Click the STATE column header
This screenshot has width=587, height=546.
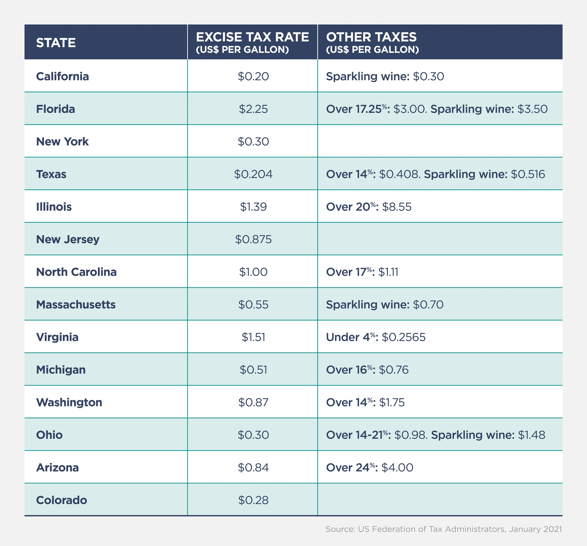pos(56,43)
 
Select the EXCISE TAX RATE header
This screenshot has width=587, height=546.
pos(252,37)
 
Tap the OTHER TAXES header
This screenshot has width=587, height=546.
pos(371,37)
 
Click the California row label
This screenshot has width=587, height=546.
pos(62,76)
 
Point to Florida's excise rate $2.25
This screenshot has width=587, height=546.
pos(253,109)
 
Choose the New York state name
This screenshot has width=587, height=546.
pos(62,141)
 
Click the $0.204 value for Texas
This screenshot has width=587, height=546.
pos(253,174)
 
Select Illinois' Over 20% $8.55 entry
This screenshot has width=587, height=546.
pos(369,207)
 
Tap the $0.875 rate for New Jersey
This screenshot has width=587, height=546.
pos(253,239)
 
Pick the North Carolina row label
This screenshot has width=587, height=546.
pos(76,272)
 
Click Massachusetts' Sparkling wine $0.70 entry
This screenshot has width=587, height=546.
pos(384,304)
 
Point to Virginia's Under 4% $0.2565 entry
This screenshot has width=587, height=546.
pos(376,337)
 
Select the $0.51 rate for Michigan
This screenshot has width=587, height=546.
pos(253,370)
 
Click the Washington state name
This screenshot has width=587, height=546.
pos(69,402)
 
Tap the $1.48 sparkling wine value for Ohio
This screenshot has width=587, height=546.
pos(532,435)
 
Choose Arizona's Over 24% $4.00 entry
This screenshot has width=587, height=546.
pos(369,467)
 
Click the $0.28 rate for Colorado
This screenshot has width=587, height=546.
pos(253,500)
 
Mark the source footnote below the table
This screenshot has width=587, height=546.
pos(444,529)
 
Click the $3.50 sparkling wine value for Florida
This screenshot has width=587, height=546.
pos(533,109)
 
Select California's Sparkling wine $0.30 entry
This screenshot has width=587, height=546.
pos(385,76)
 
